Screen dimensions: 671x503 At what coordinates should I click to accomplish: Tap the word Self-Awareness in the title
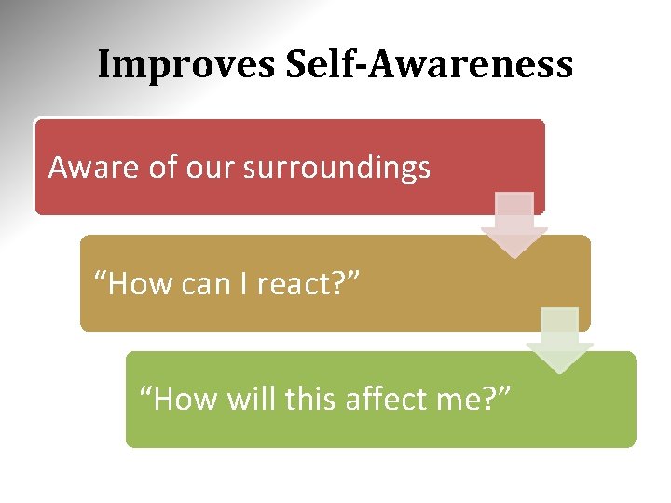(x=430, y=65)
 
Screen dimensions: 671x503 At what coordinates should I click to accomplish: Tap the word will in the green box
(x=251, y=400)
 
